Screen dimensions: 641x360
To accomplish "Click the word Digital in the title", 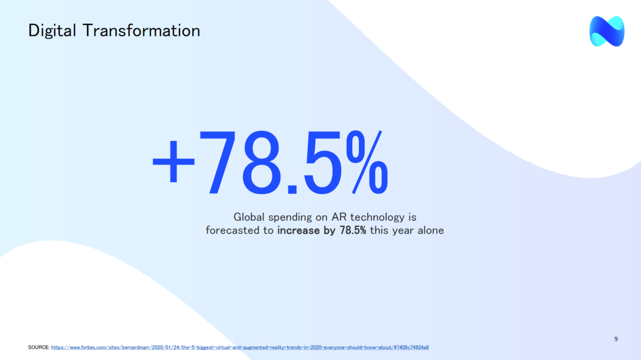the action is point(52,31).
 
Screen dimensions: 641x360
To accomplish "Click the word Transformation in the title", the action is point(142,30).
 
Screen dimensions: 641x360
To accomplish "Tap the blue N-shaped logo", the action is point(607,31).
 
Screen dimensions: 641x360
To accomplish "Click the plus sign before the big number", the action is point(174,161).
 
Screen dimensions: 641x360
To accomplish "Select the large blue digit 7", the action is point(218,162).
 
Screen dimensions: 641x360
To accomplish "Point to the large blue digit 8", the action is point(261,162).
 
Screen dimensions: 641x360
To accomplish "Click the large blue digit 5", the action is point(323,162).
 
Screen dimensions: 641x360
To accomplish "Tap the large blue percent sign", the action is point(367,162).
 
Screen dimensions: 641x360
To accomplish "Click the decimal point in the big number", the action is point(292,189).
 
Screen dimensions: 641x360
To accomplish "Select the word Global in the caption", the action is point(249,217).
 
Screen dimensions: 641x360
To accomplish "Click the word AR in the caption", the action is point(339,217).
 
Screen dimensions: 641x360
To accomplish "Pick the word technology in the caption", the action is point(378,217).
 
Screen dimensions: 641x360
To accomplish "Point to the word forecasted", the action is point(232,230).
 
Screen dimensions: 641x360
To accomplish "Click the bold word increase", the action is point(298,230).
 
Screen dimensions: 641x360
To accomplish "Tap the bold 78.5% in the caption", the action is point(353,230).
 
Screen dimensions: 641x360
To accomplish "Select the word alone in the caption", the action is point(431,230).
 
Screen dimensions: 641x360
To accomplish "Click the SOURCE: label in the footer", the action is point(38,347).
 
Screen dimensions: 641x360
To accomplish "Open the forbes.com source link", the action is point(240,347).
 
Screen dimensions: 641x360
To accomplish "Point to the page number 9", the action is point(616,339).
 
